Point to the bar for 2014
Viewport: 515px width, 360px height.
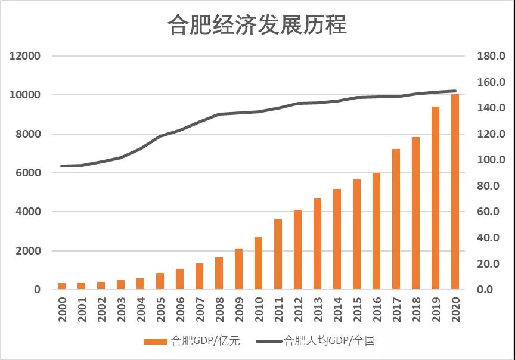337,239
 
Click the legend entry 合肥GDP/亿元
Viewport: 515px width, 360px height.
191,341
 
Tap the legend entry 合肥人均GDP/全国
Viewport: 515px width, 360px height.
315,341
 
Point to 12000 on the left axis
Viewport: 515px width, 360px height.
24,56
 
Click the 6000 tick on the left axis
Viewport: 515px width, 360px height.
27,173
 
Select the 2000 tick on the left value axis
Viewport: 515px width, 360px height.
27,251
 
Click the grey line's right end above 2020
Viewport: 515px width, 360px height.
455,91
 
